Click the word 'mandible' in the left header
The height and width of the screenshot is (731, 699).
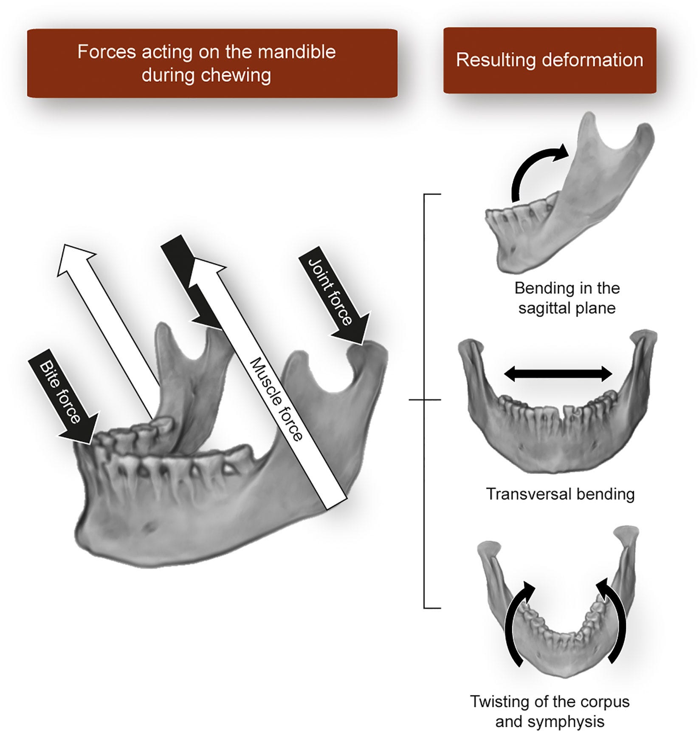(297, 52)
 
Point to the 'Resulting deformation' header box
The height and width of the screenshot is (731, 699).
(550, 60)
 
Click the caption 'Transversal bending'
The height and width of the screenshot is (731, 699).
(560, 494)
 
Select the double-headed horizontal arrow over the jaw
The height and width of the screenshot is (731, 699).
(558, 374)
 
